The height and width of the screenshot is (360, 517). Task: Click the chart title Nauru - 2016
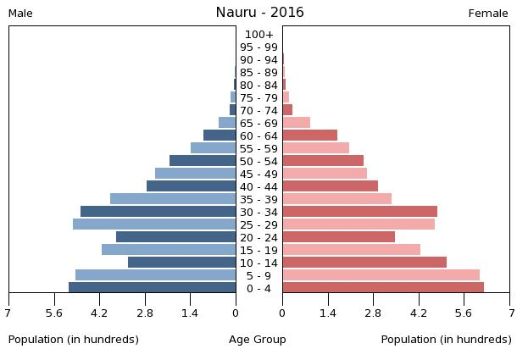click(x=259, y=13)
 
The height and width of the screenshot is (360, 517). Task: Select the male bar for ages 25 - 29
click(x=154, y=224)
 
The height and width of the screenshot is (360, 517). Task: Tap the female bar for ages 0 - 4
click(x=383, y=288)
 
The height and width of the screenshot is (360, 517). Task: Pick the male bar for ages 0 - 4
click(x=153, y=288)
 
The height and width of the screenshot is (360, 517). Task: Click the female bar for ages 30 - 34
click(x=359, y=212)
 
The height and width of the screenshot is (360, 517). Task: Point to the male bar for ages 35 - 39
click(x=173, y=199)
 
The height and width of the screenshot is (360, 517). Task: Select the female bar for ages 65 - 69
click(x=297, y=123)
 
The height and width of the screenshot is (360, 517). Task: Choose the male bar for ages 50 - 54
click(x=203, y=161)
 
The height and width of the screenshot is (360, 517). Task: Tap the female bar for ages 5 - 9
click(x=381, y=275)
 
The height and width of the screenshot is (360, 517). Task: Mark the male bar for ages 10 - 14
click(x=182, y=263)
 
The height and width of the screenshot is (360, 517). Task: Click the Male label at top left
click(x=20, y=14)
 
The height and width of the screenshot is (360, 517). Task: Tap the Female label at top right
click(x=488, y=14)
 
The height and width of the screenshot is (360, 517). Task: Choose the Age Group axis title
click(x=258, y=340)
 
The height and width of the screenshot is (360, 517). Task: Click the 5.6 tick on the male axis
click(x=54, y=313)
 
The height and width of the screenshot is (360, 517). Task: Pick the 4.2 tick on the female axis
click(x=419, y=313)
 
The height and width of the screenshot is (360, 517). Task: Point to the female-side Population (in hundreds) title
click(x=446, y=340)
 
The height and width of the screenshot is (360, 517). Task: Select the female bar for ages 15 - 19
click(x=351, y=250)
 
